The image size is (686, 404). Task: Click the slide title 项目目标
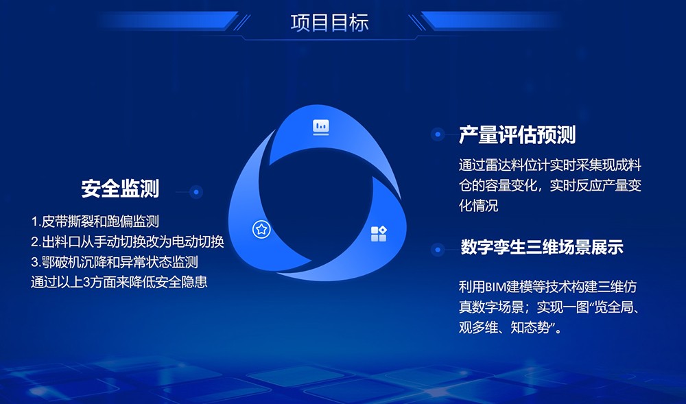click(329, 23)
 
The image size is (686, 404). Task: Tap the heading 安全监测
click(120, 189)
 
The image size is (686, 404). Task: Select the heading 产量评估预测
click(517, 134)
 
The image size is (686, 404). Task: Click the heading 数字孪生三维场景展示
click(542, 247)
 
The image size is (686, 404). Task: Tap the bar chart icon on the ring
click(320, 127)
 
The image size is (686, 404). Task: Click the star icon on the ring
click(261, 229)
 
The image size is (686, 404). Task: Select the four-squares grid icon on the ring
click(379, 233)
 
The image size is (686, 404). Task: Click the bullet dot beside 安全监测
click(196, 191)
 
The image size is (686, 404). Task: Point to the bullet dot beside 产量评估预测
click(438, 134)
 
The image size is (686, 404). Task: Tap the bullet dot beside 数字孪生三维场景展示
click(438, 250)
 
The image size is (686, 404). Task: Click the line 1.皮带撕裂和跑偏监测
click(95, 222)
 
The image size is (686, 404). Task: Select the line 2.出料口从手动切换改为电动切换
click(128, 241)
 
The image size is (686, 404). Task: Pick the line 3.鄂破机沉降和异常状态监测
click(115, 262)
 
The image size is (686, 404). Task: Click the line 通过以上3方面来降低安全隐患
click(119, 282)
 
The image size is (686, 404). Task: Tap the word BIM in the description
click(495, 287)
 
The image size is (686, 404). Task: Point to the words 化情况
click(479, 206)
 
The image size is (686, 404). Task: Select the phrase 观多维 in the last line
click(478, 327)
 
